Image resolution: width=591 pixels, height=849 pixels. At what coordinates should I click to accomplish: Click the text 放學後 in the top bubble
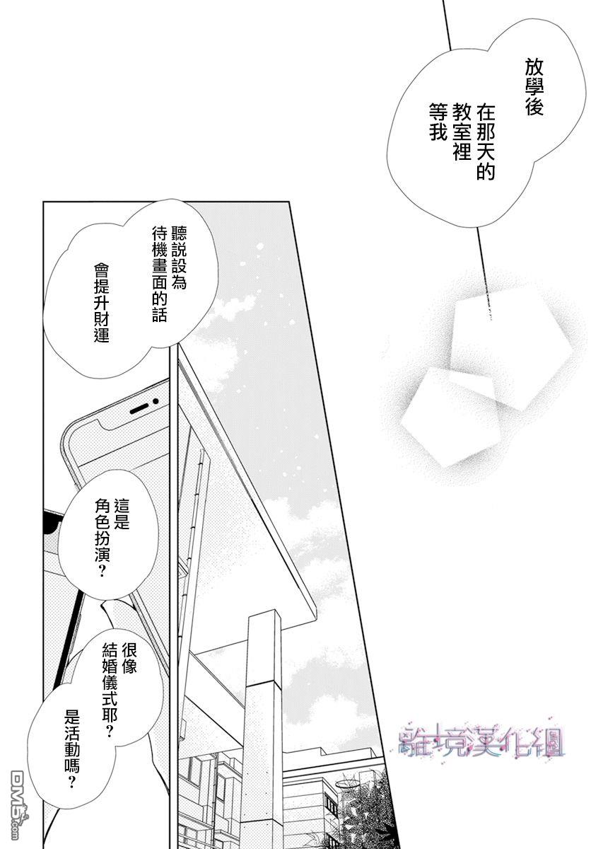[534, 88]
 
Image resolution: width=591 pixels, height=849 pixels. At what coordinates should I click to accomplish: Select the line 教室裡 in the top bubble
[462, 131]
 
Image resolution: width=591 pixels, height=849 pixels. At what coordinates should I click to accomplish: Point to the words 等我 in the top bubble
[438, 122]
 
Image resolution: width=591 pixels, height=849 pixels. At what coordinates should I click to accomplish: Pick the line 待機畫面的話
[159, 275]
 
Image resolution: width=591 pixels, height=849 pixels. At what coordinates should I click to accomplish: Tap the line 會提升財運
[102, 304]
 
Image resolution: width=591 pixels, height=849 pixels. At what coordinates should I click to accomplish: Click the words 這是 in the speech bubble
[122, 516]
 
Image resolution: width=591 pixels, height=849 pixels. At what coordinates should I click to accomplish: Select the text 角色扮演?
[102, 538]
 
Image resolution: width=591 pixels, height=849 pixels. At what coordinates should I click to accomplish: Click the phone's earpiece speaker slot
[139, 409]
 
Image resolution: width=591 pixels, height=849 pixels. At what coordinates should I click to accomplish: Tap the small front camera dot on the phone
[155, 401]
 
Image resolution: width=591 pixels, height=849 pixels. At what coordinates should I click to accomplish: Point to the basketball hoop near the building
[346, 787]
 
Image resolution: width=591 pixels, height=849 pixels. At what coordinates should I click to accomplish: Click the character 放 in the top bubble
[534, 69]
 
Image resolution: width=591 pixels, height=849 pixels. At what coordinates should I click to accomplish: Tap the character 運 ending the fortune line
[102, 335]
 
